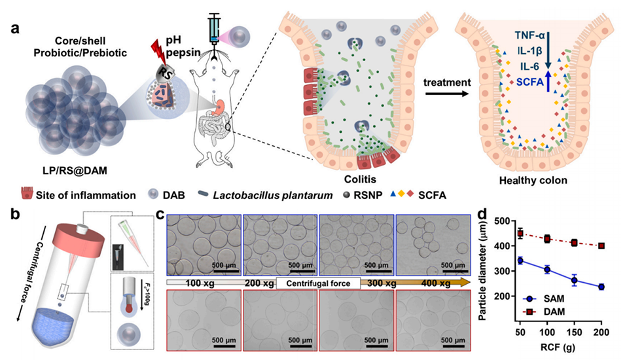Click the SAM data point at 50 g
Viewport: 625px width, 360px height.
pyautogui.click(x=520, y=261)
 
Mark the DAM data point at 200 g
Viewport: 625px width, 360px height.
pyautogui.click(x=601, y=246)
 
